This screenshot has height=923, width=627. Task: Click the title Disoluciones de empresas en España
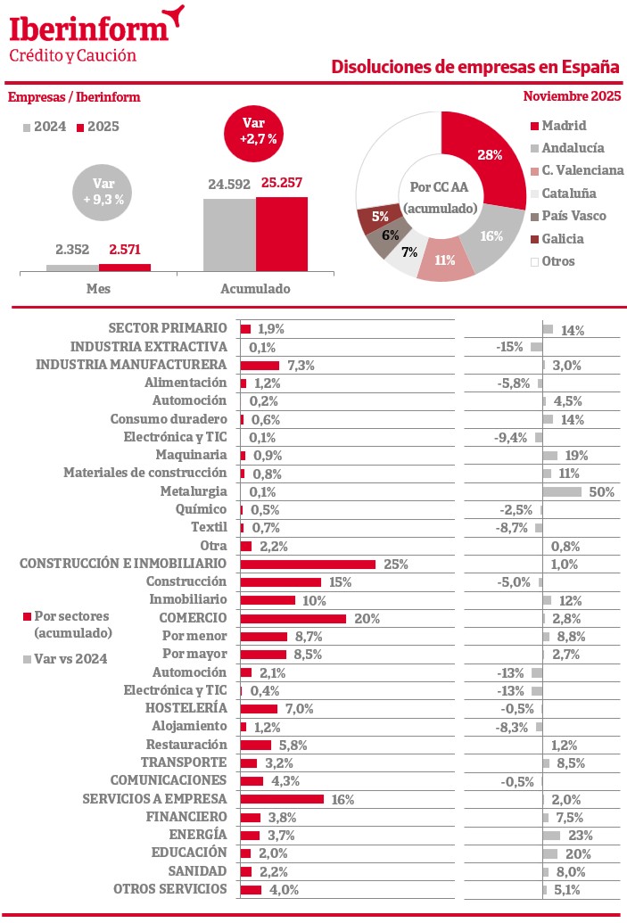(475, 67)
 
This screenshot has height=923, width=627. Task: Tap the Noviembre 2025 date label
(572, 96)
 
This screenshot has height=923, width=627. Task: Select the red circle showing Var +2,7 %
(258, 131)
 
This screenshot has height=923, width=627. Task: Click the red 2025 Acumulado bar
(282, 234)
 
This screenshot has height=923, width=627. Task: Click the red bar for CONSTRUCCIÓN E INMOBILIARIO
(308, 564)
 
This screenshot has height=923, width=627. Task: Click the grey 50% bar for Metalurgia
(562, 491)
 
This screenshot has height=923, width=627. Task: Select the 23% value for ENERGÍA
(580, 836)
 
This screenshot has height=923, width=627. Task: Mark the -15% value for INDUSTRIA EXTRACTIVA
(509, 346)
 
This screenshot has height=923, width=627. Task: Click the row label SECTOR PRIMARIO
(168, 328)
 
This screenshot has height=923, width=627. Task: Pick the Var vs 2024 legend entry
(65, 658)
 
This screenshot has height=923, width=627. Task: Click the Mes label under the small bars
(98, 289)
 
